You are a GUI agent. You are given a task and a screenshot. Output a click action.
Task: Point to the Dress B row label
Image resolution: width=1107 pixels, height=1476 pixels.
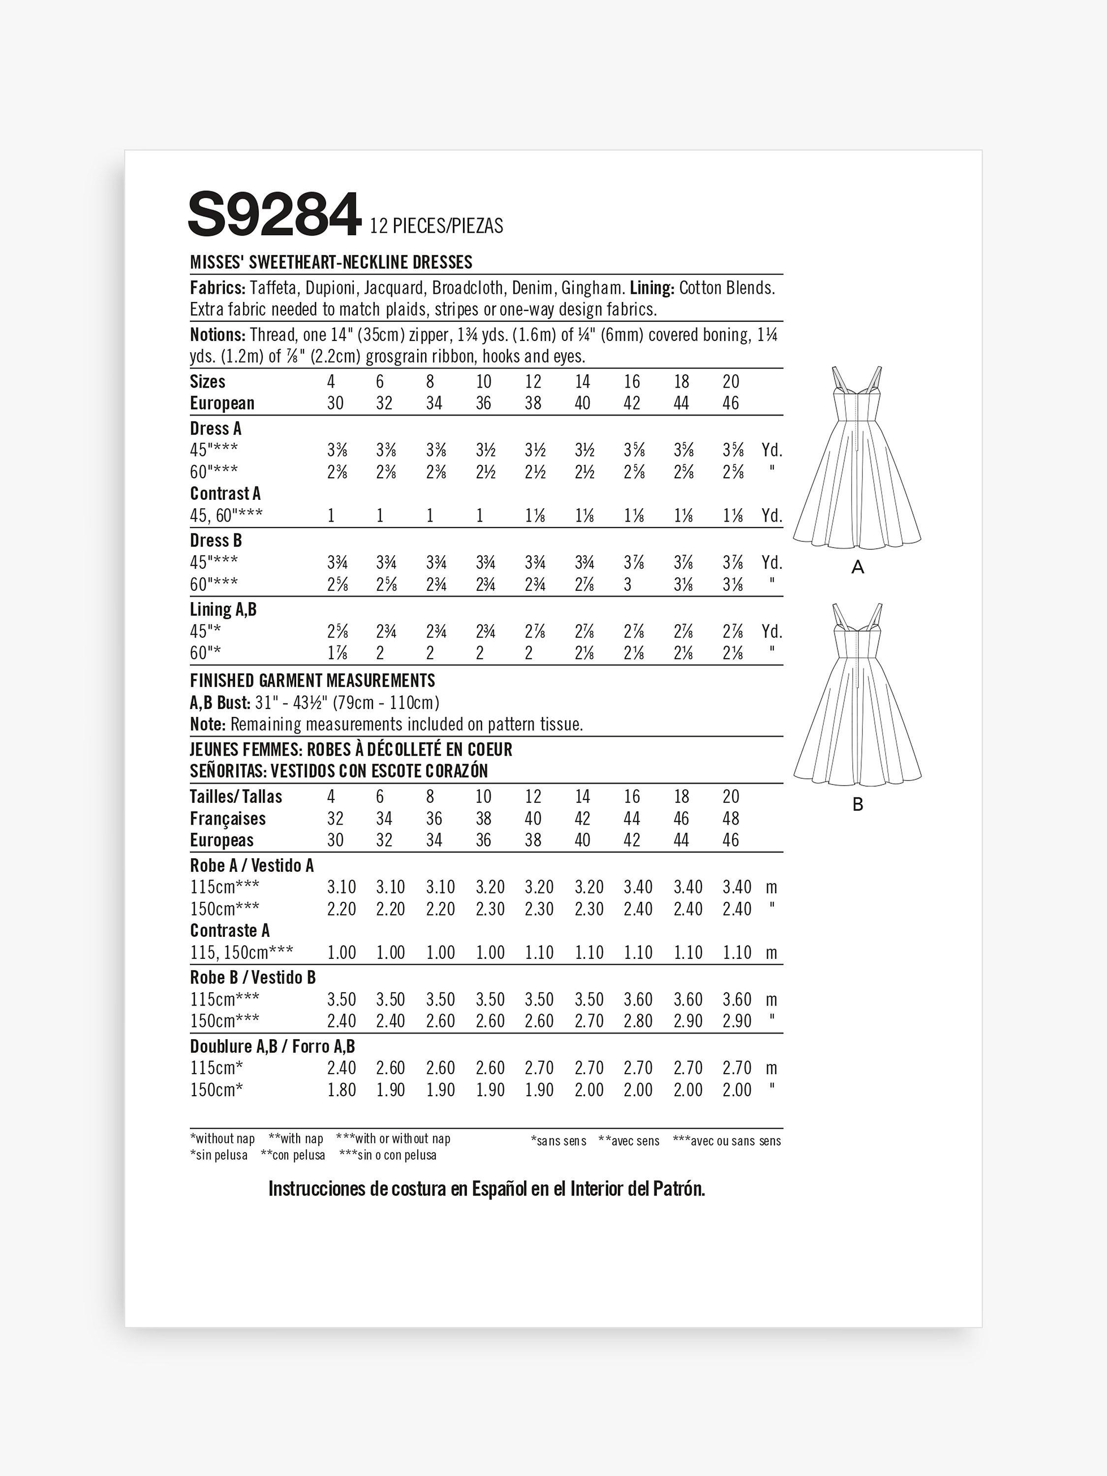pos(215,541)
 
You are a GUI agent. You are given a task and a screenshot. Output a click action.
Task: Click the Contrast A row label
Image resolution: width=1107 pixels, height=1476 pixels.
pos(225,494)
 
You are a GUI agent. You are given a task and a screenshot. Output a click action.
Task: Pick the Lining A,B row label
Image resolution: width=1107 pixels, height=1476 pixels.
pos(223,609)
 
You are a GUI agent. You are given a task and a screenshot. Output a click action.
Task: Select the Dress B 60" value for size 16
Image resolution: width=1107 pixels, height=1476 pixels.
pos(627,584)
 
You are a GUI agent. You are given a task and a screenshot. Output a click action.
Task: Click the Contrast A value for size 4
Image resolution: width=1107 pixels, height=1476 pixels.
pos(331,516)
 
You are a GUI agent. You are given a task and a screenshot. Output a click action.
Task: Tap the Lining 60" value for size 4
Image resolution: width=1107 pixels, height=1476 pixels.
pos(337,653)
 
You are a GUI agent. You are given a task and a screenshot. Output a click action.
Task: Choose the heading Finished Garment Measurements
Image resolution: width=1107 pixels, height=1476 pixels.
pos(312,680)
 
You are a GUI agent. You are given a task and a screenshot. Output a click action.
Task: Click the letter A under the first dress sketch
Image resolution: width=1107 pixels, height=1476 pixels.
pos(858,568)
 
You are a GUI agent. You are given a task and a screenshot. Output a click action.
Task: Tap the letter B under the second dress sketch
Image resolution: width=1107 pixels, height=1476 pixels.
pos(858,805)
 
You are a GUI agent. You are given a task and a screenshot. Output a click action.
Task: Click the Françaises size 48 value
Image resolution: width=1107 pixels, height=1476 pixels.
pos(731,819)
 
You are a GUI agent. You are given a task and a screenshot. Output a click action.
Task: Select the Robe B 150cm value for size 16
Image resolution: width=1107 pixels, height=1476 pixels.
pos(637,1021)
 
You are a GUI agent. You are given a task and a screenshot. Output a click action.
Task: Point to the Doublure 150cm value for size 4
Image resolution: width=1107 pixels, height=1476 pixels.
pos(341,1090)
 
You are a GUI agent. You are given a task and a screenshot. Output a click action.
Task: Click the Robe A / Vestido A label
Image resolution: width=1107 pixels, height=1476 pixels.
pos(251,865)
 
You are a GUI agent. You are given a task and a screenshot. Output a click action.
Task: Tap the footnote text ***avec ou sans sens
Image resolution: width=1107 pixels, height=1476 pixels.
pos(727,1141)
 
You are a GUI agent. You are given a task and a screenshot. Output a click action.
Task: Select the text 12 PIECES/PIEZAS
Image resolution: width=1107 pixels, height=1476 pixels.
pos(436,227)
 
